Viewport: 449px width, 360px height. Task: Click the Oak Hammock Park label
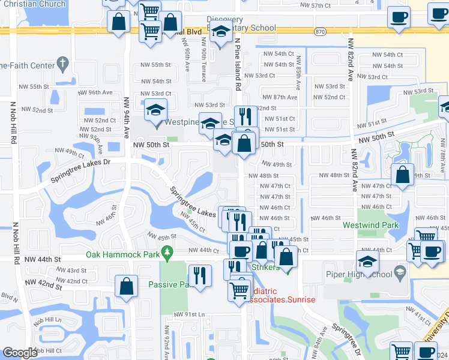pyautogui.click(x=121, y=254)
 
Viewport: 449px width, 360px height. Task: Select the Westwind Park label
pyautogui.click(x=370, y=226)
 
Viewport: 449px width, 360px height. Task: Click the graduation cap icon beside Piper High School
pyautogui.click(x=367, y=261)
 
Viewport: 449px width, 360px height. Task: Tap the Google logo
pyautogui.click(x=20, y=352)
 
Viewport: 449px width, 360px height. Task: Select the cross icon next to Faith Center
pyautogui.click(x=62, y=64)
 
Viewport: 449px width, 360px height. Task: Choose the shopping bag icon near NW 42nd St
pyautogui.click(x=127, y=287)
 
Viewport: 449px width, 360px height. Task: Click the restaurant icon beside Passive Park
pyautogui.click(x=200, y=275)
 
